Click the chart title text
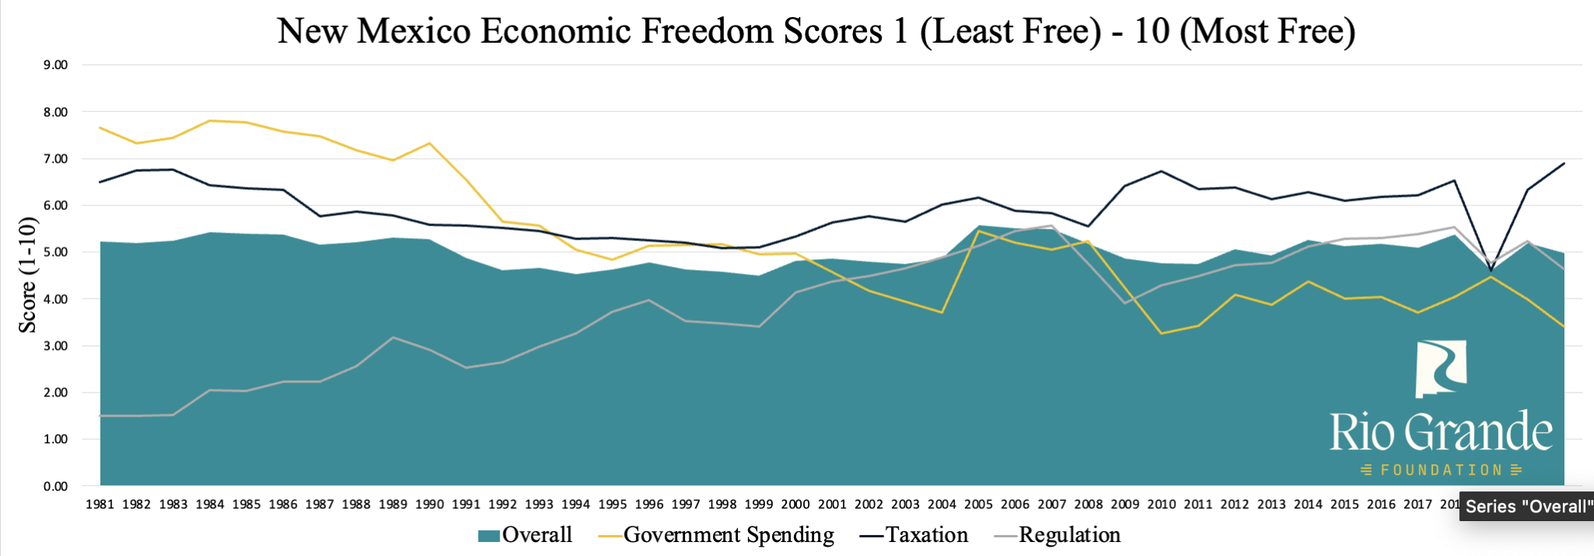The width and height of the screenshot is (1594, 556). tap(816, 31)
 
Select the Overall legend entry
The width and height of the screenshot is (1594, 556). tap(525, 535)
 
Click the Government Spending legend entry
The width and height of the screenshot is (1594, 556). tap(716, 535)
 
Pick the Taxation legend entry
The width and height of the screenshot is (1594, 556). tap(915, 535)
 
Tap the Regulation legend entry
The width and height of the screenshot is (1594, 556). tap(1059, 535)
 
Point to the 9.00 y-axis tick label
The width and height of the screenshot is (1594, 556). tap(55, 65)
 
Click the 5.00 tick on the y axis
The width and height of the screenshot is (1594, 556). tap(55, 253)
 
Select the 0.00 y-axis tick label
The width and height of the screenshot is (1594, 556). tap(55, 487)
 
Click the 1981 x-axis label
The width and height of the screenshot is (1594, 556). tap(100, 505)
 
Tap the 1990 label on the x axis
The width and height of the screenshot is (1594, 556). tap(429, 505)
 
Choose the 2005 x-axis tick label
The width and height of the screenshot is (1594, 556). tap(978, 505)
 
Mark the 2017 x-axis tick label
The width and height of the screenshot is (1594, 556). tap(1417, 505)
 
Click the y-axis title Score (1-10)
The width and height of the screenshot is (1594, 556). tap(28, 275)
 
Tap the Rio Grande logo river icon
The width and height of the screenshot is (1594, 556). tap(1441, 369)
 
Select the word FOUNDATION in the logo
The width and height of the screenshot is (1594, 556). tap(1441, 470)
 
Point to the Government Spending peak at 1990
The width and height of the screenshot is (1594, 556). tap(429, 143)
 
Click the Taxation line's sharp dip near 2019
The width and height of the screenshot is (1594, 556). tap(1491, 270)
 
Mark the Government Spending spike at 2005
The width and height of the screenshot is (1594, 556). tap(978, 231)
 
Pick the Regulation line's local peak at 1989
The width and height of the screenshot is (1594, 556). tap(393, 337)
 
